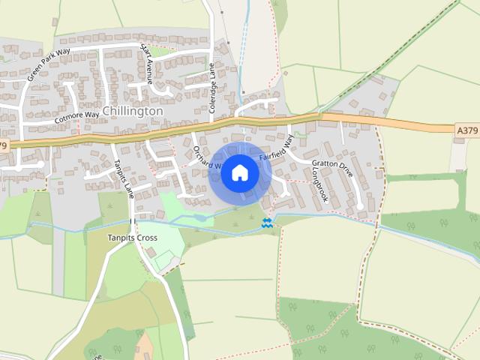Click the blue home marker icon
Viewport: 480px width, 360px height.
tap(240, 173)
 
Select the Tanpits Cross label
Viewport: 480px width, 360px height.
tap(131, 238)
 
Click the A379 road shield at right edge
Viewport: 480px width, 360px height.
tap(466, 130)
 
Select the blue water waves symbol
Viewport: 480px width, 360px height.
tap(267, 223)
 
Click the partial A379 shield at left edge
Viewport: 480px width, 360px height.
tap(4, 145)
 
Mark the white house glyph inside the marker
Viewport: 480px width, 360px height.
tap(240, 173)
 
